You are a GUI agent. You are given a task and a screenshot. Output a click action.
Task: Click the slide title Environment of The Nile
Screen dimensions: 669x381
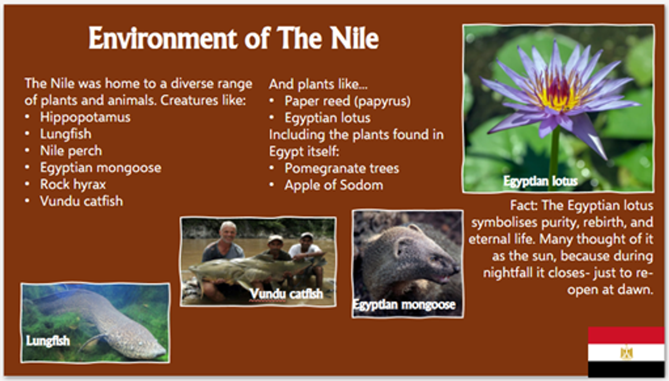(x=234, y=38)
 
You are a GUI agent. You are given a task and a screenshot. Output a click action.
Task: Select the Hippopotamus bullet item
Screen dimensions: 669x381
(x=85, y=117)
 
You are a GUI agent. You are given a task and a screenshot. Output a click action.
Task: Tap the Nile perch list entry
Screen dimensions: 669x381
(x=71, y=151)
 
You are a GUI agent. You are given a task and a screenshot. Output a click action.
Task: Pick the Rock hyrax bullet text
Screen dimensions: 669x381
(x=73, y=185)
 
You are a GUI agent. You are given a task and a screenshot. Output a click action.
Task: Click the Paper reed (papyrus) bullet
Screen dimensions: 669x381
(x=347, y=102)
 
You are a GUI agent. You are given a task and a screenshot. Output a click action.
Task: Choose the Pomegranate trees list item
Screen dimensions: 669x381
(x=342, y=168)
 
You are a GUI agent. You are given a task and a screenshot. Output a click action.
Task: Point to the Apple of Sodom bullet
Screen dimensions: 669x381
(x=333, y=185)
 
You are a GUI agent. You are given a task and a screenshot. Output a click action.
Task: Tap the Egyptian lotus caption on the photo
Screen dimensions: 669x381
(x=540, y=181)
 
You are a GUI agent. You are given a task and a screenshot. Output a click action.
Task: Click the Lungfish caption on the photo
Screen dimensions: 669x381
(x=48, y=341)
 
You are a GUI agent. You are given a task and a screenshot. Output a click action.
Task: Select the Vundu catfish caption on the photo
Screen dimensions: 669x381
(x=287, y=294)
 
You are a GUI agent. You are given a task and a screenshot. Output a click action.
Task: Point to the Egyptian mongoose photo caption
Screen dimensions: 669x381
(x=404, y=305)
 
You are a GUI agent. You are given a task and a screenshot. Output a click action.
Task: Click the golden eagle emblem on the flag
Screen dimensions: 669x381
(x=626, y=352)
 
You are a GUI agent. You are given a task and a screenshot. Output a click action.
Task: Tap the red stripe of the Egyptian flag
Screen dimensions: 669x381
(x=626, y=335)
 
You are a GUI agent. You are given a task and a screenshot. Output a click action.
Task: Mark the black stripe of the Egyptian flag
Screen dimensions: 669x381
(x=626, y=369)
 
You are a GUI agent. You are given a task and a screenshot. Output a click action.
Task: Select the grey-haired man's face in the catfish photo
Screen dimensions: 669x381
(x=227, y=233)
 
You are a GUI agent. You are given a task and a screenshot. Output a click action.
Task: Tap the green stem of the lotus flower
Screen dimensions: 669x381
(x=554, y=158)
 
